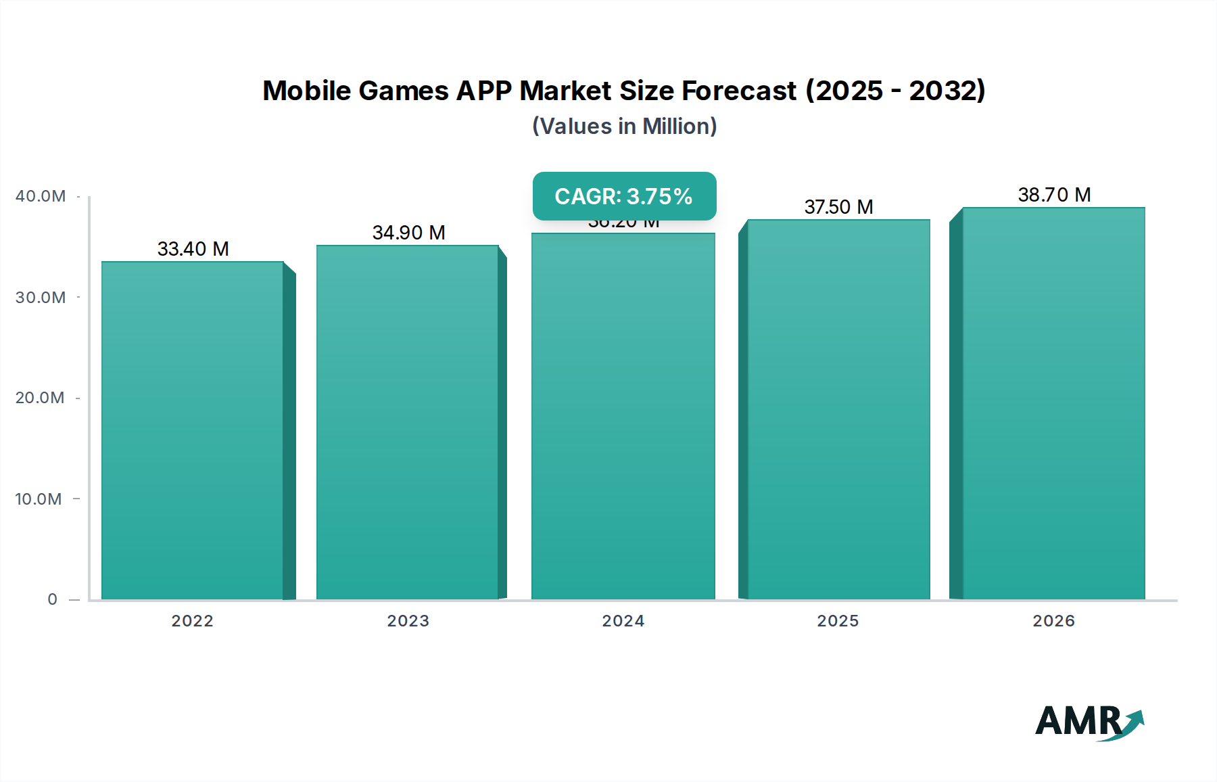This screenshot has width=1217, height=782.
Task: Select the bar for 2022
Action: tap(193, 430)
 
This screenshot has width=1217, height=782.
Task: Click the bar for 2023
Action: tap(408, 422)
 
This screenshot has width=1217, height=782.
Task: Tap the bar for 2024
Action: tap(623, 416)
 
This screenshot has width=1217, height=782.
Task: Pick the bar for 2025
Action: tap(838, 409)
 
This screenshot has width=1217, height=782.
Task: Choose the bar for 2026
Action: tap(1053, 403)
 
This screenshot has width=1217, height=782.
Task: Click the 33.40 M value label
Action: tap(193, 249)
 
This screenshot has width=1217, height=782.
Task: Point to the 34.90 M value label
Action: tap(408, 233)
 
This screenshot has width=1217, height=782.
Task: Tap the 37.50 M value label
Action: tap(838, 207)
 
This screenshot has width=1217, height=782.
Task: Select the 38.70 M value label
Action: tap(1054, 195)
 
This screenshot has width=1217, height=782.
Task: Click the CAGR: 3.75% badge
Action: tap(624, 196)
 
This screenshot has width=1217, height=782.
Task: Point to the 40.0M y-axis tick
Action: tap(41, 196)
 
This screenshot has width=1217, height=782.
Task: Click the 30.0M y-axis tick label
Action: tap(41, 298)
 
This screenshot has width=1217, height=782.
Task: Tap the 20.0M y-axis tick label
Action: tap(40, 398)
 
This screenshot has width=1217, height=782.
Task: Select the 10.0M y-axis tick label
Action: tap(39, 499)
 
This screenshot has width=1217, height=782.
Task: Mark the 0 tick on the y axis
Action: tap(52, 599)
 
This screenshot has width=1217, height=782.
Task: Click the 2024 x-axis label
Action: tap(623, 621)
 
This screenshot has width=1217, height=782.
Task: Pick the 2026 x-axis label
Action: tap(1053, 621)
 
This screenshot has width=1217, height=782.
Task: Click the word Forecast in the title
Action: tap(739, 91)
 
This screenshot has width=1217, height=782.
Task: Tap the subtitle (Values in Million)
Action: tap(624, 127)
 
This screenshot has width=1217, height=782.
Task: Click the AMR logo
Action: tap(1089, 722)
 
